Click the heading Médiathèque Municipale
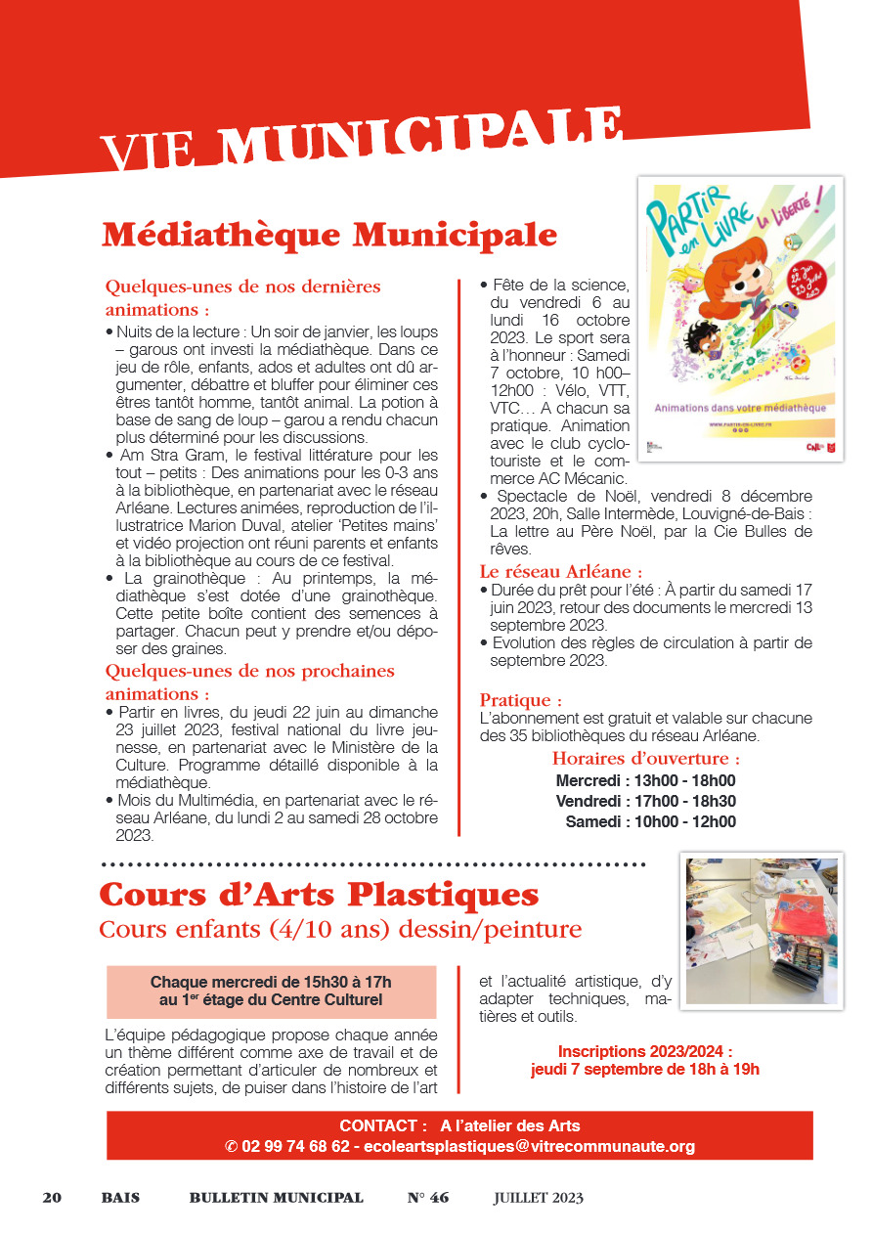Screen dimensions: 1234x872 tap(329, 236)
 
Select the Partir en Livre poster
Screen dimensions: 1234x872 tap(739, 318)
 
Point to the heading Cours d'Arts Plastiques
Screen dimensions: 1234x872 tap(319, 894)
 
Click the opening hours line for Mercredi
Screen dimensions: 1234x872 tap(645, 780)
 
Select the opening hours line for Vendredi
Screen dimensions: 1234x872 tap(645, 801)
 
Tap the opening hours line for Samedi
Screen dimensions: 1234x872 tap(650, 821)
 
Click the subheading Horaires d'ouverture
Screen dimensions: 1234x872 tap(645, 759)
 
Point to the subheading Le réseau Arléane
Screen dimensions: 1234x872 tap(561, 572)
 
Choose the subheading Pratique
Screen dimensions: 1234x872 tap(521, 700)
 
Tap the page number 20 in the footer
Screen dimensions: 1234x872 tap(52, 1198)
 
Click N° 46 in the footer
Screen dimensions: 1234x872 tap(428, 1198)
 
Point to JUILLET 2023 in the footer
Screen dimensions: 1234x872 tap(538, 1198)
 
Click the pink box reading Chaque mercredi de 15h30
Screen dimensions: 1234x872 tap(271, 991)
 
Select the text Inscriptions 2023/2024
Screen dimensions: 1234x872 tap(644, 1051)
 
